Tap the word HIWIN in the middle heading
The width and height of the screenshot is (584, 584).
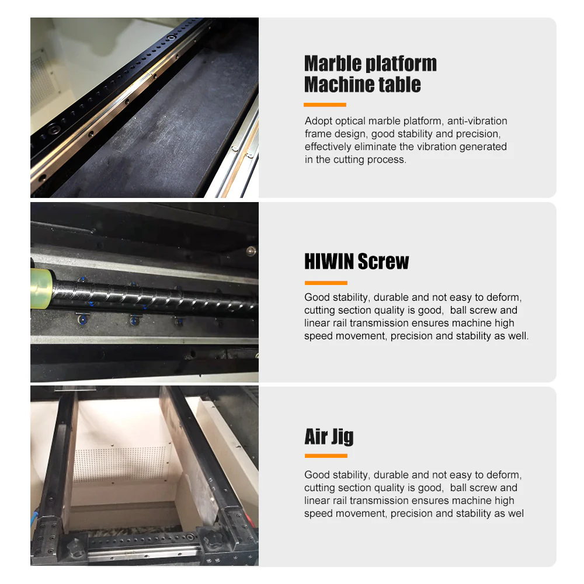(329, 261)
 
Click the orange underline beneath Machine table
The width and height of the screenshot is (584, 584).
(325, 105)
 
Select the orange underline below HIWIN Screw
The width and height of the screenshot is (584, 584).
(325, 283)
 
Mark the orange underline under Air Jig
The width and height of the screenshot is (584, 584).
(325, 456)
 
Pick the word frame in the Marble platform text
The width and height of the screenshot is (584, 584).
(317, 134)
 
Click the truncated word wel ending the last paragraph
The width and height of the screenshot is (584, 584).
(516, 513)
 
